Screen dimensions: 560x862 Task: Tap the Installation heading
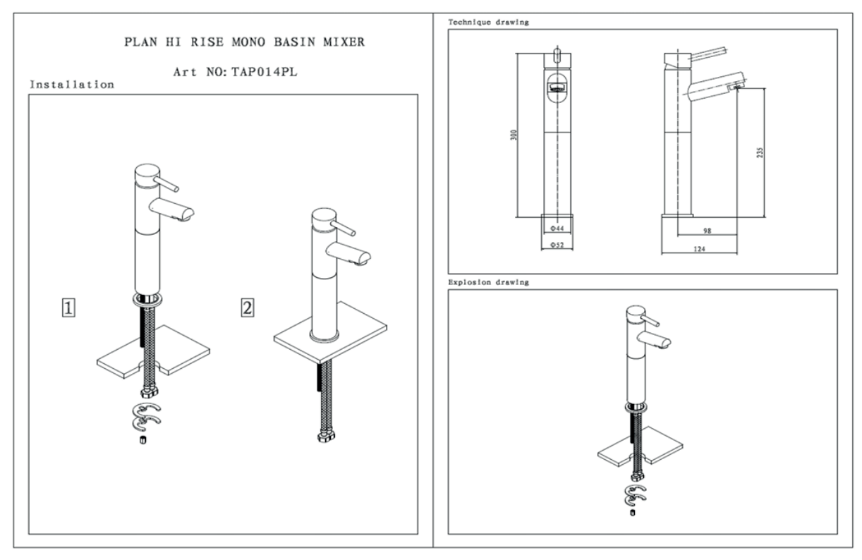pyautogui.click(x=71, y=85)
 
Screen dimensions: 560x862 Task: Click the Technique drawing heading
pyautogui.click(x=489, y=23)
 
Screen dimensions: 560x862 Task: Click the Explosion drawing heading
pyautogui.click(x=489, y=282)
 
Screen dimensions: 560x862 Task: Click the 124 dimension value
pyautogui.click(x=699, y=248)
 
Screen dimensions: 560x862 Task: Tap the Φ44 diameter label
pyautogui.click(x=557, y=229)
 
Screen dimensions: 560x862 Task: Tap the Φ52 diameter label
pyautogui.click(x=557, y=245)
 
